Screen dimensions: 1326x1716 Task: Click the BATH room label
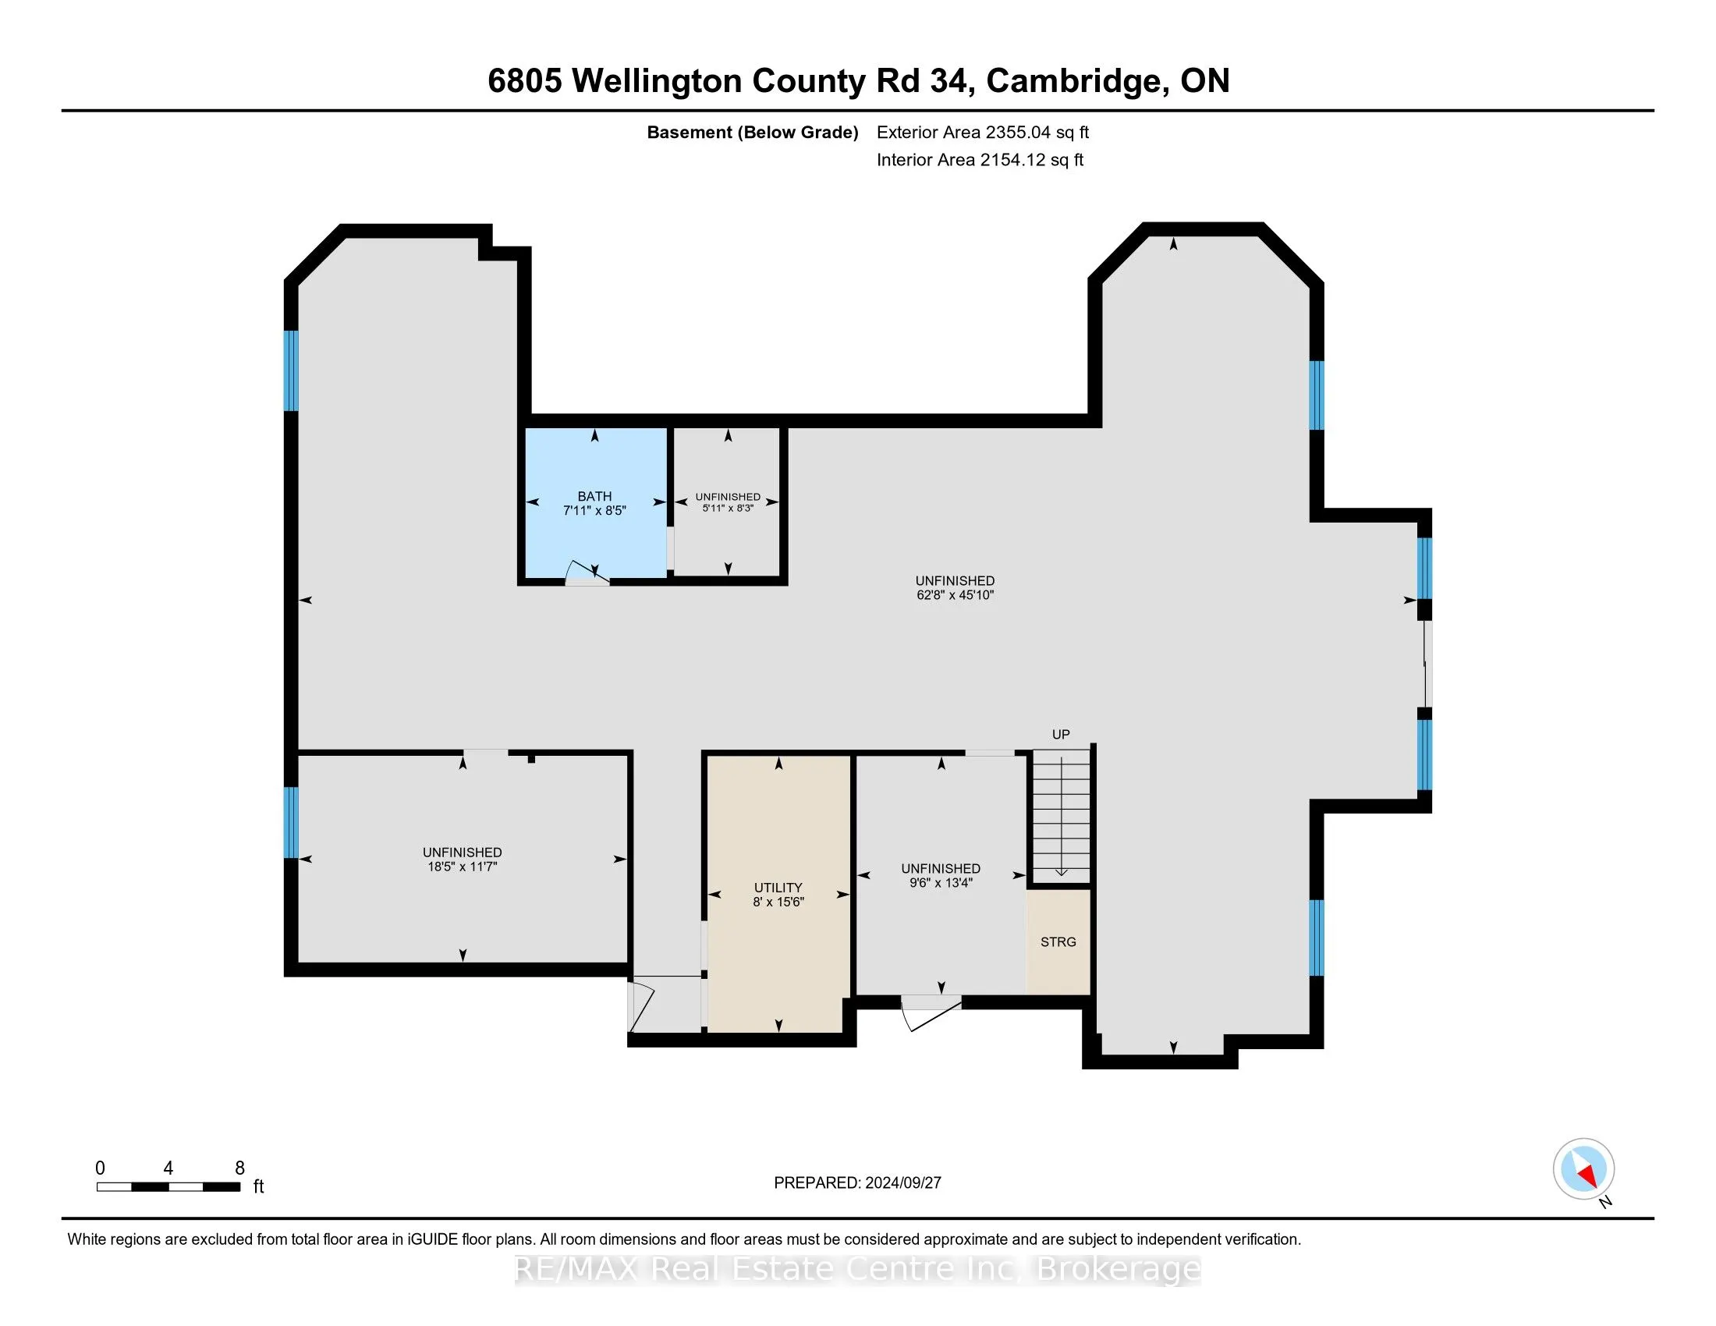pyautogui.click(x=594, y=495)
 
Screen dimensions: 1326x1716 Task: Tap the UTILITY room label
pyautogui.click(x=778, y=888)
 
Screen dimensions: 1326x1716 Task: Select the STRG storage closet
pyautogui.click(x=1058, y=942)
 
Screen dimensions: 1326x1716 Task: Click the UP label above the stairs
pyautogui.click(x=1061, y=735)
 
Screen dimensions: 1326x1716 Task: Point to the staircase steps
pyautogui.click(x=1061, y=817)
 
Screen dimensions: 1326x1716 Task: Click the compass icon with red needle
pyautogui.click(x=1583, y=1169)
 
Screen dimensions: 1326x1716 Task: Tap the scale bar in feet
pyautogui.click(x=168, y=1187)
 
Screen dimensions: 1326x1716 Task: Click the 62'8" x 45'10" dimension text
pyautogui.click(x=955, y=595)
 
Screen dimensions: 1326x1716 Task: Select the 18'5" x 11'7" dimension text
pyautogui.click(x=462, y=867)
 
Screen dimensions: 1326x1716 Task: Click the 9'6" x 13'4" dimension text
pyautogui.click(x=941, y=883)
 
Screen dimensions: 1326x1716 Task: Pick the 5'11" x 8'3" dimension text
pyautogui.click(x=728, y=509)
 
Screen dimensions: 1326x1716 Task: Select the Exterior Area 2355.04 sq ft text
pyautogui.click(x=982, y=132)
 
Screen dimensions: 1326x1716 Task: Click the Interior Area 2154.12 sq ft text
pyautogui.click(x=980, y=159)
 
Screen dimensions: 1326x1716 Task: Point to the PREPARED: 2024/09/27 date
pyautogui.click(x=857, y=1183)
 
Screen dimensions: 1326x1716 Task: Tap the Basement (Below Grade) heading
pyautogui.click(x=752, y=132)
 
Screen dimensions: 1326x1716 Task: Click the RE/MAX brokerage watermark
pyautogui.click(x=857, y=1268)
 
